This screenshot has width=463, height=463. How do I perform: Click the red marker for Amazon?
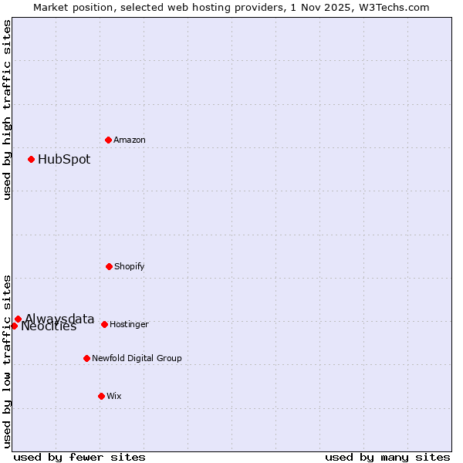coord(109,140)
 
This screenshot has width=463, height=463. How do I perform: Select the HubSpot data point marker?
coord(31,160)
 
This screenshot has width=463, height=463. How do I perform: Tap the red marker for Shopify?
coord(109,266)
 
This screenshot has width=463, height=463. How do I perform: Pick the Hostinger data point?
coord(104,324)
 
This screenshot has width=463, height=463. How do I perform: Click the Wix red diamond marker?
coord(101,396)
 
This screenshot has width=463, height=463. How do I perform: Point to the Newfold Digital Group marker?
coord(86,358)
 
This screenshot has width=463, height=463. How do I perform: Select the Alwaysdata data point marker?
coord(18,319)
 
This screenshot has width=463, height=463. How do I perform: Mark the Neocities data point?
coord(14,326)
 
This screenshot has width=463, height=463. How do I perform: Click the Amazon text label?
coord(130,140)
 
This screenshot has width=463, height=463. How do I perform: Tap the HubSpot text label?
coord(64,160)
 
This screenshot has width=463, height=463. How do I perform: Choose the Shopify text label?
coord(130,267)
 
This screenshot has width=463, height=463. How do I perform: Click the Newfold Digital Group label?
coord(137,359)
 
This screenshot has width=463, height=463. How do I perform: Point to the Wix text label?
coord(114,397)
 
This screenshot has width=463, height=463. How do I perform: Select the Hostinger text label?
coord(129,325)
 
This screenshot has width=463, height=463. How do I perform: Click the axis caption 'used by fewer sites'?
coord(79,457)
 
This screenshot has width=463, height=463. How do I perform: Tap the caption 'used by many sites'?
coord(387,457)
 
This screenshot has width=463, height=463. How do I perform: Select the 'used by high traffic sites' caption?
coord(7,110)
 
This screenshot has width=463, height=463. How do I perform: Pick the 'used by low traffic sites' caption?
coord(7,360)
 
